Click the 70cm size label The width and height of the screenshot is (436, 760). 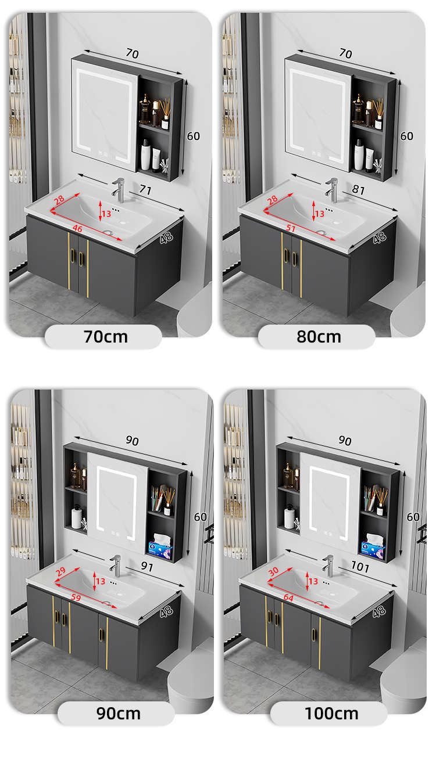coord(106,337)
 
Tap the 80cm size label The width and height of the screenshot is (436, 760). coord(319,337)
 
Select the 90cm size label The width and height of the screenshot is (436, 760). coord(118,713)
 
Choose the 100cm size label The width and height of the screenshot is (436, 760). coord(331,713)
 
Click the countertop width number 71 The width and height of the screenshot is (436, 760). coord(145,190)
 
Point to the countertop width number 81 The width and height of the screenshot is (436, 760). coord(358,190)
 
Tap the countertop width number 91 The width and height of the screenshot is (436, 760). coord(147,566)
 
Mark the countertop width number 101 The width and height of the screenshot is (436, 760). coord(360,566)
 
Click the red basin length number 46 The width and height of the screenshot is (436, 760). coord(77,229)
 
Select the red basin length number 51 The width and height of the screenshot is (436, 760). coord(291,228)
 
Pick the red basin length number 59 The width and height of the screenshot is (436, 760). coord(76,597)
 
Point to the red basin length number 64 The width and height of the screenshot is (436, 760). coord(288,597)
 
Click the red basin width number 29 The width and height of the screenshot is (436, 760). coord(60,571)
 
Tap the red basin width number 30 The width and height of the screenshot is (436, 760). coord(273,571)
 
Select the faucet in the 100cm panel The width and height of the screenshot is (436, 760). coord(328,566)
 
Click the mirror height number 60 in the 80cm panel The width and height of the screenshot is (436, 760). coord(407,136)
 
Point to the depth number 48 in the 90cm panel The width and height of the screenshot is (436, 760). coord(166,611)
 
